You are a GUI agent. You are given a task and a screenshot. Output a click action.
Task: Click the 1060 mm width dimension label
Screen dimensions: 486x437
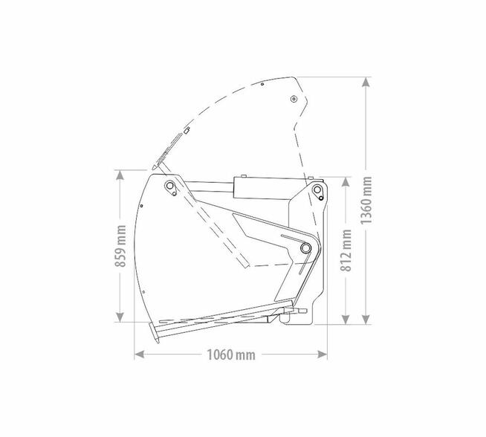231,355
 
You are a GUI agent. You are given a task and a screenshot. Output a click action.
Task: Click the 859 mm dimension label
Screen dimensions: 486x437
120,246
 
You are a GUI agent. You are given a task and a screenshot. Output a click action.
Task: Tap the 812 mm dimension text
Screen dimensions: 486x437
346,250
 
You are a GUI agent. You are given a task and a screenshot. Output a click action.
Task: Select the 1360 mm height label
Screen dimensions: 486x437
366,200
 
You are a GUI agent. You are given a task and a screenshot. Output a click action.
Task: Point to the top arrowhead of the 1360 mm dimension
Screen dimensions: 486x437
366,82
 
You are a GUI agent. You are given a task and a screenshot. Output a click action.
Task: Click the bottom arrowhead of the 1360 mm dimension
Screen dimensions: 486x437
366,320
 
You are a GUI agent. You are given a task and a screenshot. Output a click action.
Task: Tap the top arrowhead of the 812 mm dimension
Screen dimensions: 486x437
346,182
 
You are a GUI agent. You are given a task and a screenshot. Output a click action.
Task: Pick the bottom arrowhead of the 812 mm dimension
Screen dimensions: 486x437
346,320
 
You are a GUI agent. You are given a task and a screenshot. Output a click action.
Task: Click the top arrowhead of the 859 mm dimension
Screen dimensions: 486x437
120,175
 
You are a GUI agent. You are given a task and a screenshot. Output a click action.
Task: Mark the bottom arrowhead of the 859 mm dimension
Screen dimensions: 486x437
120,317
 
